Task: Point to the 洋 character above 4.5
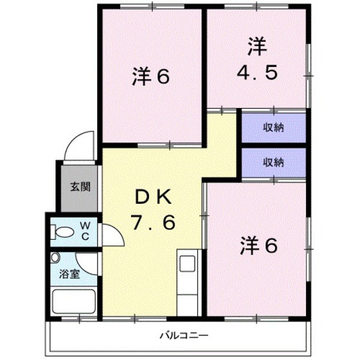click(256, 47)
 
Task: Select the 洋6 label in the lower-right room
click(259, 245)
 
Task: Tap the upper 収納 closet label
click(273, 127)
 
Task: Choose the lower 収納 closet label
click(273, 162)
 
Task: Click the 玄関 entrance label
click(80, 188)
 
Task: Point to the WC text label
click(85, 231)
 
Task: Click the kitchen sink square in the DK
click(188, 264)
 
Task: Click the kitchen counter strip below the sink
click(188, 296)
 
